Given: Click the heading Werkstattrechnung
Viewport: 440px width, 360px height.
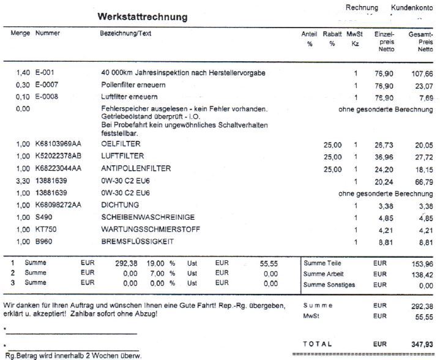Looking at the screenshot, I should coord(143,17).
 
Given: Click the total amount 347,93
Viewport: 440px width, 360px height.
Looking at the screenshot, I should coord(421,345).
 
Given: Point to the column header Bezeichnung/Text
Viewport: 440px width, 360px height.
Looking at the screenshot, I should coord(125,33).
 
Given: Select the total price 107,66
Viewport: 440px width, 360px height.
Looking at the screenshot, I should coord(421,73).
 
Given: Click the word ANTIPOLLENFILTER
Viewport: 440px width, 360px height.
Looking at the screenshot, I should coord(136,169).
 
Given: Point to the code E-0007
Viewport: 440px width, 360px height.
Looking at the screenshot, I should coord(49,85).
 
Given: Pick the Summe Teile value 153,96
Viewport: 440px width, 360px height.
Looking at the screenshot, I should coord(421,263).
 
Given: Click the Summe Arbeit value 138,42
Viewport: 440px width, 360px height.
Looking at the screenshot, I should coord(421,274).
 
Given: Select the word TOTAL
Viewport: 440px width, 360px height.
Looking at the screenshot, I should coord(318,345).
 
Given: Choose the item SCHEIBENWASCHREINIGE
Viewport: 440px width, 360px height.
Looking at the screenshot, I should coord(140,217).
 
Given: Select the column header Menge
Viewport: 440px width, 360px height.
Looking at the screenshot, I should coord(21,33).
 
